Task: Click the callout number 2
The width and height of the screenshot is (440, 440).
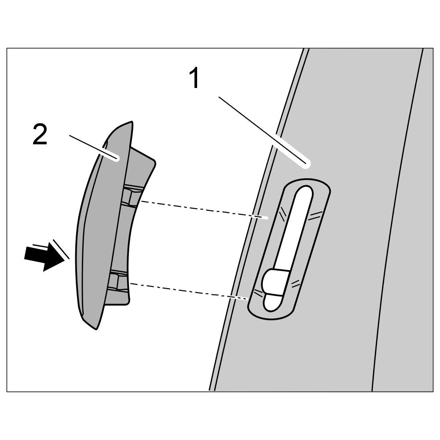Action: coord(40,135)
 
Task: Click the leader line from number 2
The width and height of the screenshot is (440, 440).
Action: coord(92,147)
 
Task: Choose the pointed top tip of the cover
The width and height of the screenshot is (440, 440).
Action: coord(129,123)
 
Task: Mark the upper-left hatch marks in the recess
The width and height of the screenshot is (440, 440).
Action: coord(282,214)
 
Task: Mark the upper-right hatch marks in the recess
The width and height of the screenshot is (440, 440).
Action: coord(315,215)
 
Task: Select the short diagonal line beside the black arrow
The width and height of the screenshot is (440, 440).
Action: coord(61,249)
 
